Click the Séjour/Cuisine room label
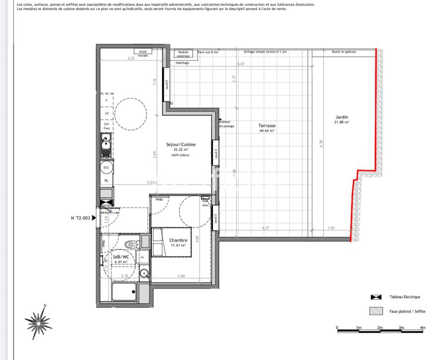[181, 145]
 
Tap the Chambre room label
[178, 240]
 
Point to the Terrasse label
[267, 126]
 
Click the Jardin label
[341, 117]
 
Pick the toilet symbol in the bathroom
[131, 244]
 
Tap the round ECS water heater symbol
[106, 168]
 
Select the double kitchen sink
[106, 147]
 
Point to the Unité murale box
[143, 53]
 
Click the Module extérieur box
[183, 54]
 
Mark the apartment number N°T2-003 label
[80, 218]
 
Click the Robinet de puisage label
[225, 124]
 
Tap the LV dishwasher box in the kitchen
[106, 114]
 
